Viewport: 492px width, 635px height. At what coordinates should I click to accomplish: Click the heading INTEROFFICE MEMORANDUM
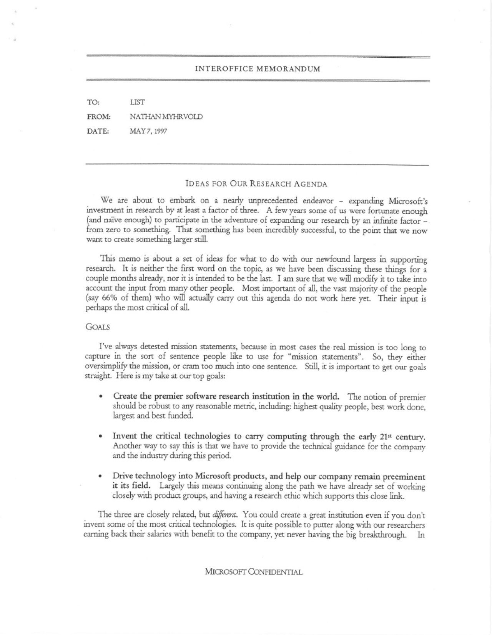coord(257,69)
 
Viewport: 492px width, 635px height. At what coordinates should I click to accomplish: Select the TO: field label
coord(93,102)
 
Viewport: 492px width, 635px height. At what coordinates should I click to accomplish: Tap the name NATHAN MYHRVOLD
coord(166,117)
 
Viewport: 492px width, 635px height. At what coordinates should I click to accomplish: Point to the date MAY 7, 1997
coord(148,132)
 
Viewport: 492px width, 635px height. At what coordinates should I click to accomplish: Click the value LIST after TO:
coord(137,102)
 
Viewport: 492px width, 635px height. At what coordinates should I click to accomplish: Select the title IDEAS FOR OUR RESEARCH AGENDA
coord(256,184)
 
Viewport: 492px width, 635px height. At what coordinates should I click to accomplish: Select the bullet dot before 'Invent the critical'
coord(100,437)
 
